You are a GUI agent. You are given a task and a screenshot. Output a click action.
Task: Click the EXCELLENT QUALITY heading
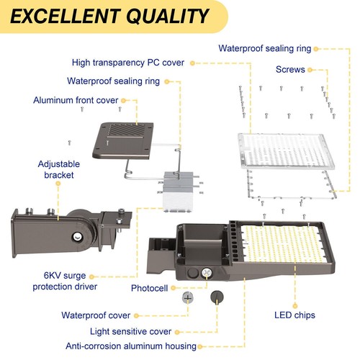pos(108,17)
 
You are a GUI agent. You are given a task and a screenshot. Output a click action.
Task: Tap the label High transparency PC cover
pos(127,63)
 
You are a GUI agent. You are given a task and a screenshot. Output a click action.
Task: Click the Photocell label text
pos(150,287)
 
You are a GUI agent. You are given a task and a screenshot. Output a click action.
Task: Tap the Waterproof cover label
pos(96,315)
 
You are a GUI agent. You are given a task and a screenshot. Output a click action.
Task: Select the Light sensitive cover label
pos(130,331)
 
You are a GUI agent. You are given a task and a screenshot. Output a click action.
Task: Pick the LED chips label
pos(294,315)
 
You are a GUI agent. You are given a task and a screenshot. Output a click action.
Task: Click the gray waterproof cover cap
pos(188,297)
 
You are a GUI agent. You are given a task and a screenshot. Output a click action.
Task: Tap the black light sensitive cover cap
pos(215,297)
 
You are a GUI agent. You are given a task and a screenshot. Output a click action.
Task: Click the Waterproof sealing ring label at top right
pos(264,49)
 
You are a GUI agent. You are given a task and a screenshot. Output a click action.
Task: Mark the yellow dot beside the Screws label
pos(312,70)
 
